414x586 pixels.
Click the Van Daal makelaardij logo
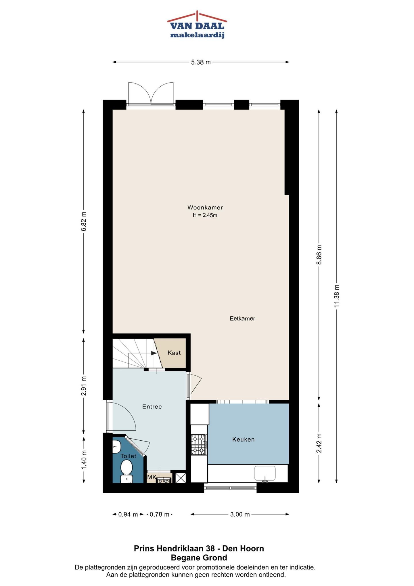[197, 25]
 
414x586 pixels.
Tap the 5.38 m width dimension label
[201, 62]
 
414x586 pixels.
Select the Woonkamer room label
[205, 207]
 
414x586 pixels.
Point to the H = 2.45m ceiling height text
[205, 215]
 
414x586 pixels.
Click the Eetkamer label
[242, 318]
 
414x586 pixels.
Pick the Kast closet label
[174, 353]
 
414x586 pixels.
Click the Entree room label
[152, 406]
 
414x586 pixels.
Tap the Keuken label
[243, 439]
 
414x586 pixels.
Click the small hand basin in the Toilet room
[116, 446]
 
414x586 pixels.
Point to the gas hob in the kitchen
[199, 445]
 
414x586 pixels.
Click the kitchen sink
[265, 473]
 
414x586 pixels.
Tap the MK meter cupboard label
[151, 477]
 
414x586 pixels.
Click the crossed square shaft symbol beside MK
[181, 478]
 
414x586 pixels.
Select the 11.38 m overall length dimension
[337, 296]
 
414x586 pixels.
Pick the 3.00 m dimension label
[240, 514]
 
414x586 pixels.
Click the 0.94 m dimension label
[128, 514]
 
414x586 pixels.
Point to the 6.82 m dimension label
[84, 221]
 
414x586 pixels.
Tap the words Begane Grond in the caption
[199, 558]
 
